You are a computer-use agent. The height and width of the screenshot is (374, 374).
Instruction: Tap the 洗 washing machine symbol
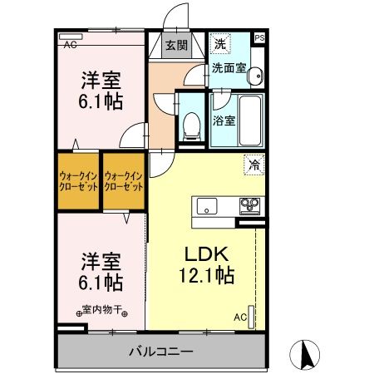[221, 43]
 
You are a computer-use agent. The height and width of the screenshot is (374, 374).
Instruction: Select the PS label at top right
[260, 38]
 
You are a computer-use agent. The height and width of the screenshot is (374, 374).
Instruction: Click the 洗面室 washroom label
[227, 69]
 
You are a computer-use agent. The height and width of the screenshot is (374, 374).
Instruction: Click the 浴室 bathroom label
[224, 120]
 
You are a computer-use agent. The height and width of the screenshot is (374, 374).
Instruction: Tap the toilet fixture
[192, 125]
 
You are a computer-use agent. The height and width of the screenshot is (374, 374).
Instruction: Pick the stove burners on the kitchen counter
[249, 205]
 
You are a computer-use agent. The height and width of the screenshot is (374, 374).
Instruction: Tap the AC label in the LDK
[239, 317]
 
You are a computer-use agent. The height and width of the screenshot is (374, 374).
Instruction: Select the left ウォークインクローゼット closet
[78, 181]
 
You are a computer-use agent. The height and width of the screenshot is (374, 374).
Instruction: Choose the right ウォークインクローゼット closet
[124, 181]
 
